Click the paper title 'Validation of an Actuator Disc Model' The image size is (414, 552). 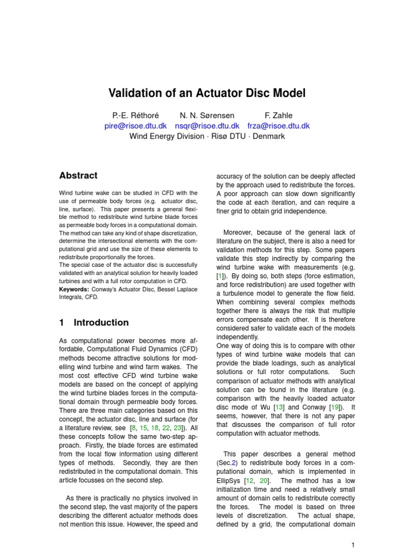point(207,93)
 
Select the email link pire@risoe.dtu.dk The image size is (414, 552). point(137,126)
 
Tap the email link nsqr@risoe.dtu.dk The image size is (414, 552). point(207,126)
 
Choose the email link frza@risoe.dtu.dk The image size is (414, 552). point(278,126)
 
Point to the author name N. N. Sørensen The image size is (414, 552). point(206,115)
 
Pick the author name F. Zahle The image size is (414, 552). point(279,115)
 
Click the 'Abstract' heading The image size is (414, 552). point(78,176)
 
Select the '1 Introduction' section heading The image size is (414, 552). point(94,322)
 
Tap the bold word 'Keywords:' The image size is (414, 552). point(74,289)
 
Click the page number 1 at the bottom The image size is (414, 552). point(353,545)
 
